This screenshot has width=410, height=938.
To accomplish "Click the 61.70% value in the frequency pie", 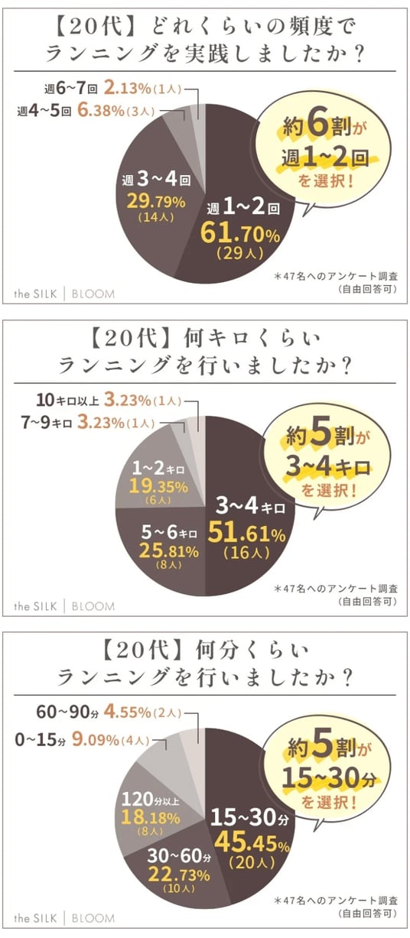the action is pos(240,233).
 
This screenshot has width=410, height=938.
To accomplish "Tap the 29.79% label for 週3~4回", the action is pos(156,202).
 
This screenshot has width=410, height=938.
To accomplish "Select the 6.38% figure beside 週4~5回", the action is pos(101,111).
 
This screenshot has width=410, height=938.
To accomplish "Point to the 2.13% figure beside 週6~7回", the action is pos(127,88).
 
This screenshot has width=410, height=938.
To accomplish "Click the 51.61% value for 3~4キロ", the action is pos(246,533).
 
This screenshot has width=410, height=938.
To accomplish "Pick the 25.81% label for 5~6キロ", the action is pos(169,551).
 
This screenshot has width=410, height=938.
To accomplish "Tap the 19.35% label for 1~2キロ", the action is pos(158,486).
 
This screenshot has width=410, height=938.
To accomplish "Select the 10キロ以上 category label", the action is pos(67,400).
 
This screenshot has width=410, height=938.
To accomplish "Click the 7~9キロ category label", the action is pos(47,423).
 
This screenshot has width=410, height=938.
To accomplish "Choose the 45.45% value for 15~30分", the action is pos(252,842).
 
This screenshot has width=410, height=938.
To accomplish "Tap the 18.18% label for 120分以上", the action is pos(151,816).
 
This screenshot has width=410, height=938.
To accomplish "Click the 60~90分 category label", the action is pos(67,712).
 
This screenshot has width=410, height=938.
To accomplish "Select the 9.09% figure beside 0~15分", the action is pos(96,739).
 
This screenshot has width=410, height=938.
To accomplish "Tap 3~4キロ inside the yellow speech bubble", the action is pos(328,466).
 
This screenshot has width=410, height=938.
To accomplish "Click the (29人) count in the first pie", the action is pos(240,253).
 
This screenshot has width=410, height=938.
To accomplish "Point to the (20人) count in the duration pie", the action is pos(252,862).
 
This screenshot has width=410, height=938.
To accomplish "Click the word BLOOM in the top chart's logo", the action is pos(93,294).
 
